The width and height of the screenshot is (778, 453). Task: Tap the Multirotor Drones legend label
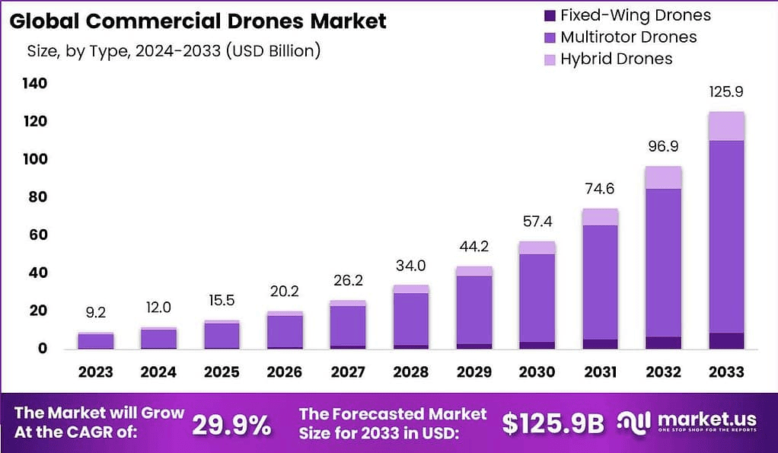coord(628,37)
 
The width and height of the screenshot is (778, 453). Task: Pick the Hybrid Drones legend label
coord(616,59)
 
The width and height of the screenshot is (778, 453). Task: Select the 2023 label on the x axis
coord(95,372)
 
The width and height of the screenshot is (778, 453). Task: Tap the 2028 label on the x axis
coord(410,372)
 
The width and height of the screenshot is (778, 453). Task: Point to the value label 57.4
coord(537,222)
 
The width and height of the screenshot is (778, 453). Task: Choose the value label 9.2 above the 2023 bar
coord(95,312)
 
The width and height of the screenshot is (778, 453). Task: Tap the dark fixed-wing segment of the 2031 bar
coord(599,344)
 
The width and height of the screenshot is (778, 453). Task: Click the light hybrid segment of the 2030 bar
coord(537,247)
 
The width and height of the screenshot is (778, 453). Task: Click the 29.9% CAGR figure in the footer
coord(231,425)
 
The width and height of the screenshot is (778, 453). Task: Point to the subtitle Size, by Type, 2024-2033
coord(174,52)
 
